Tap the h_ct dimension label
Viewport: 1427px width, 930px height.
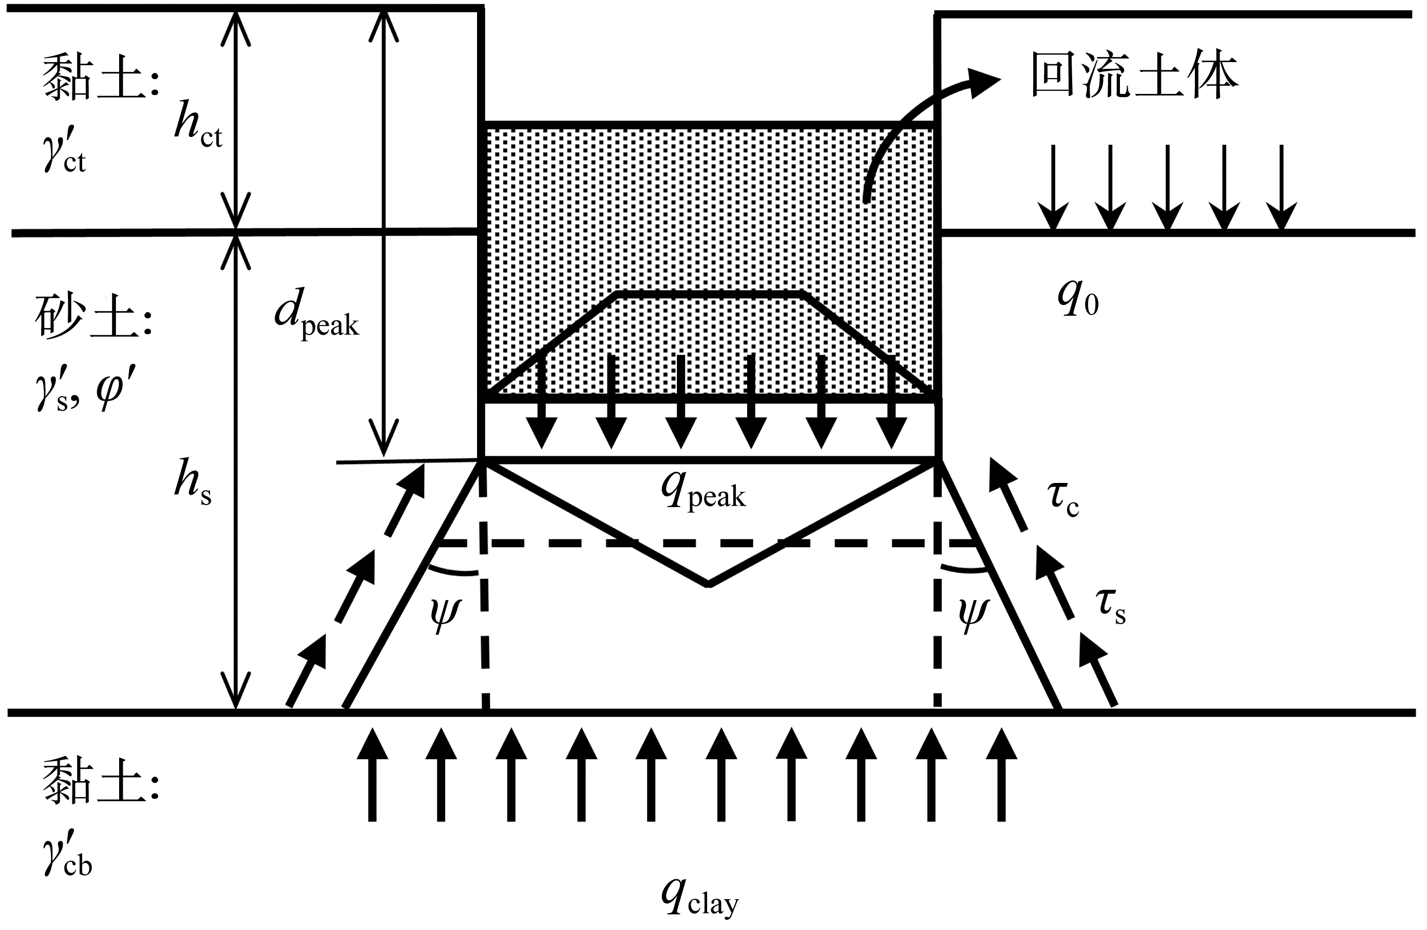(198, 126)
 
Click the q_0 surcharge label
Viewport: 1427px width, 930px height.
(1078, 298)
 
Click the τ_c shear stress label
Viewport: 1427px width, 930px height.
(1063, 498)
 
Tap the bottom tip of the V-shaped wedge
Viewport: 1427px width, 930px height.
(709, 584)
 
